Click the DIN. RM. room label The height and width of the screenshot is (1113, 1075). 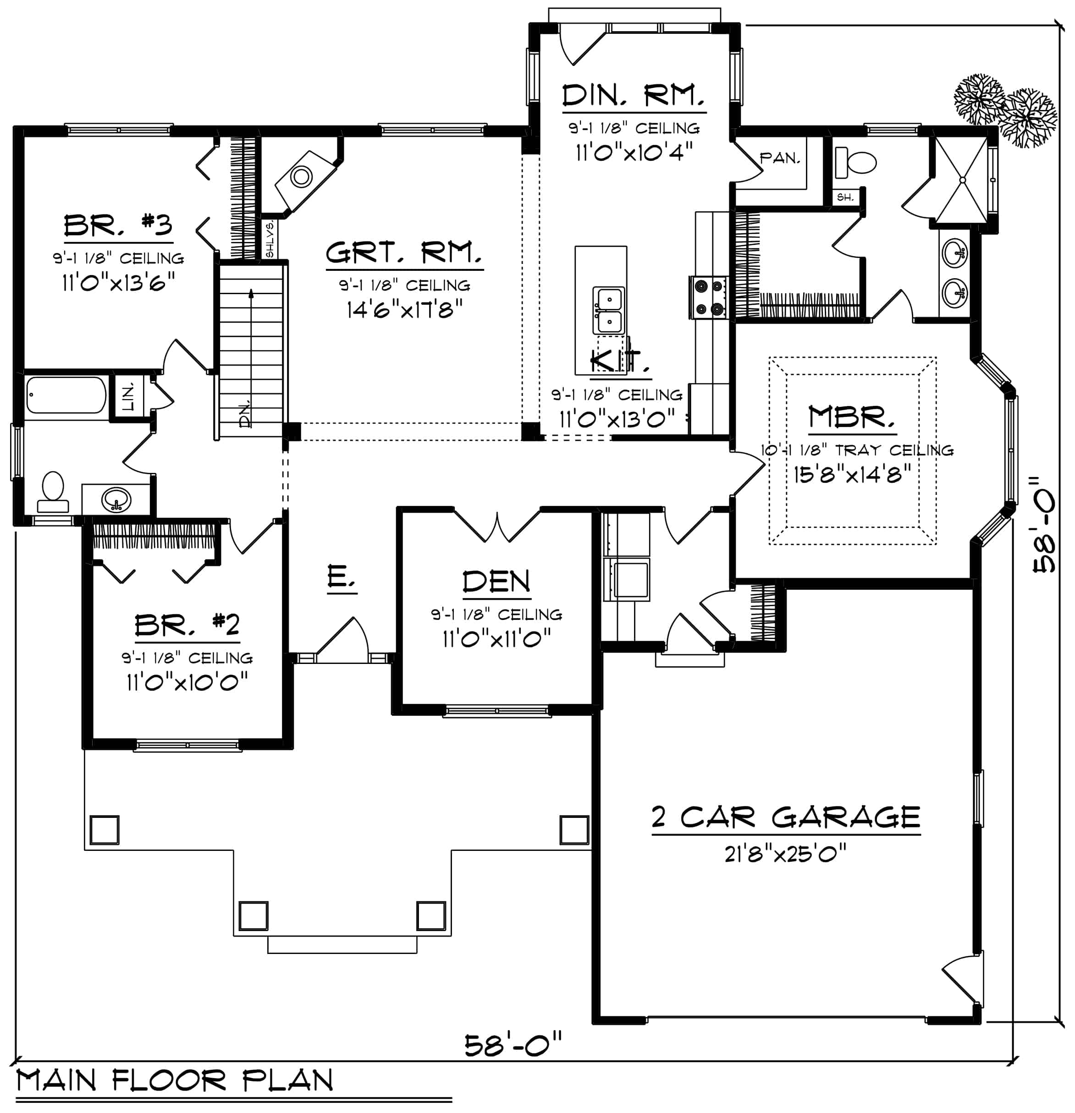pos(634,95)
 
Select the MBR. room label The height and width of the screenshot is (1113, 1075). pos(851,417)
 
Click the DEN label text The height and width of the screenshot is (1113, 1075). pos(496,582)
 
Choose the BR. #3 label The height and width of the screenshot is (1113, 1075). pos(118,225)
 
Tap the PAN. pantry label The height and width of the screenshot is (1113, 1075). pos(779,158)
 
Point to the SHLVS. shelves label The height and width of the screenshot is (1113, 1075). pos(270,239)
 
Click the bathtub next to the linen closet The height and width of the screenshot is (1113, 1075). pos(66,395)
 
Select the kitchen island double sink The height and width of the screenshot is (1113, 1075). pos(608,311)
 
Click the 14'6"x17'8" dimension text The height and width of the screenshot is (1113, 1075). pos(404,309)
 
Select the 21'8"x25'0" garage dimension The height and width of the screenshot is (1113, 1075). pos(785,853)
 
